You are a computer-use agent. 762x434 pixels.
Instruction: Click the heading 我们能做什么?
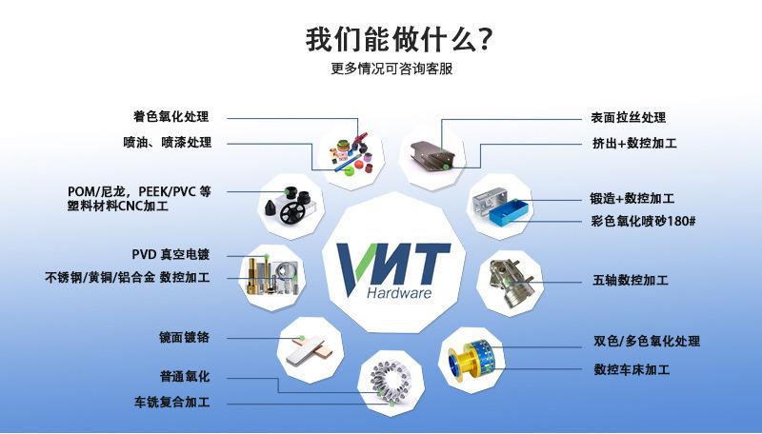(398, 39)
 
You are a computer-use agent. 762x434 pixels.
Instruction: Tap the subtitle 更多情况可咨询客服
(391, 69)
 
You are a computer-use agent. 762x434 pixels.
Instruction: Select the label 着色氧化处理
(171, 116)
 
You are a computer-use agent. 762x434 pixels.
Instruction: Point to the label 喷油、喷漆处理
(168, 142)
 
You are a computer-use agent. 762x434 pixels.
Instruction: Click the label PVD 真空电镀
(170, 254)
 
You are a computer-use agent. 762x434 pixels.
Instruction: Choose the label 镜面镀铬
(184, 337)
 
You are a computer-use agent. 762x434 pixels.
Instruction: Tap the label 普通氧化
(185, 376)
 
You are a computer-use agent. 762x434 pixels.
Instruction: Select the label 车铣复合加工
(172, 402)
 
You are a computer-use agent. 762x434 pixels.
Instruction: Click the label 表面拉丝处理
(629, 117)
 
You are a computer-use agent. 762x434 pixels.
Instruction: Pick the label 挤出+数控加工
(634, 143)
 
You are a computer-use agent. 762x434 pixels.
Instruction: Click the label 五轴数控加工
(631, 280)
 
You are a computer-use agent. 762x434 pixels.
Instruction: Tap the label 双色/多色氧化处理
(647, 341)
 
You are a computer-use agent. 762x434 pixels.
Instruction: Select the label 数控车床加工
(632, 369)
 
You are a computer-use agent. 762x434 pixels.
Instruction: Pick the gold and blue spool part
(471, 360)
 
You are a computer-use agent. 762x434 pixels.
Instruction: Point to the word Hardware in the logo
(399, 293)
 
